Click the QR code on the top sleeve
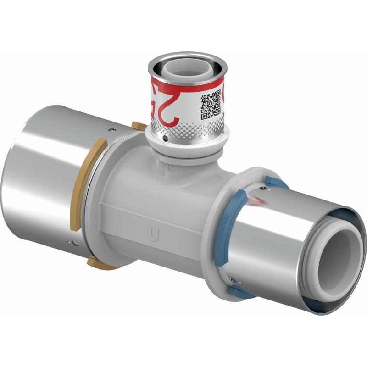coord(211,105)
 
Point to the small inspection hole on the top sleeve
coord(165,137)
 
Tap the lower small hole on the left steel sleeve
coord(70,242)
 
